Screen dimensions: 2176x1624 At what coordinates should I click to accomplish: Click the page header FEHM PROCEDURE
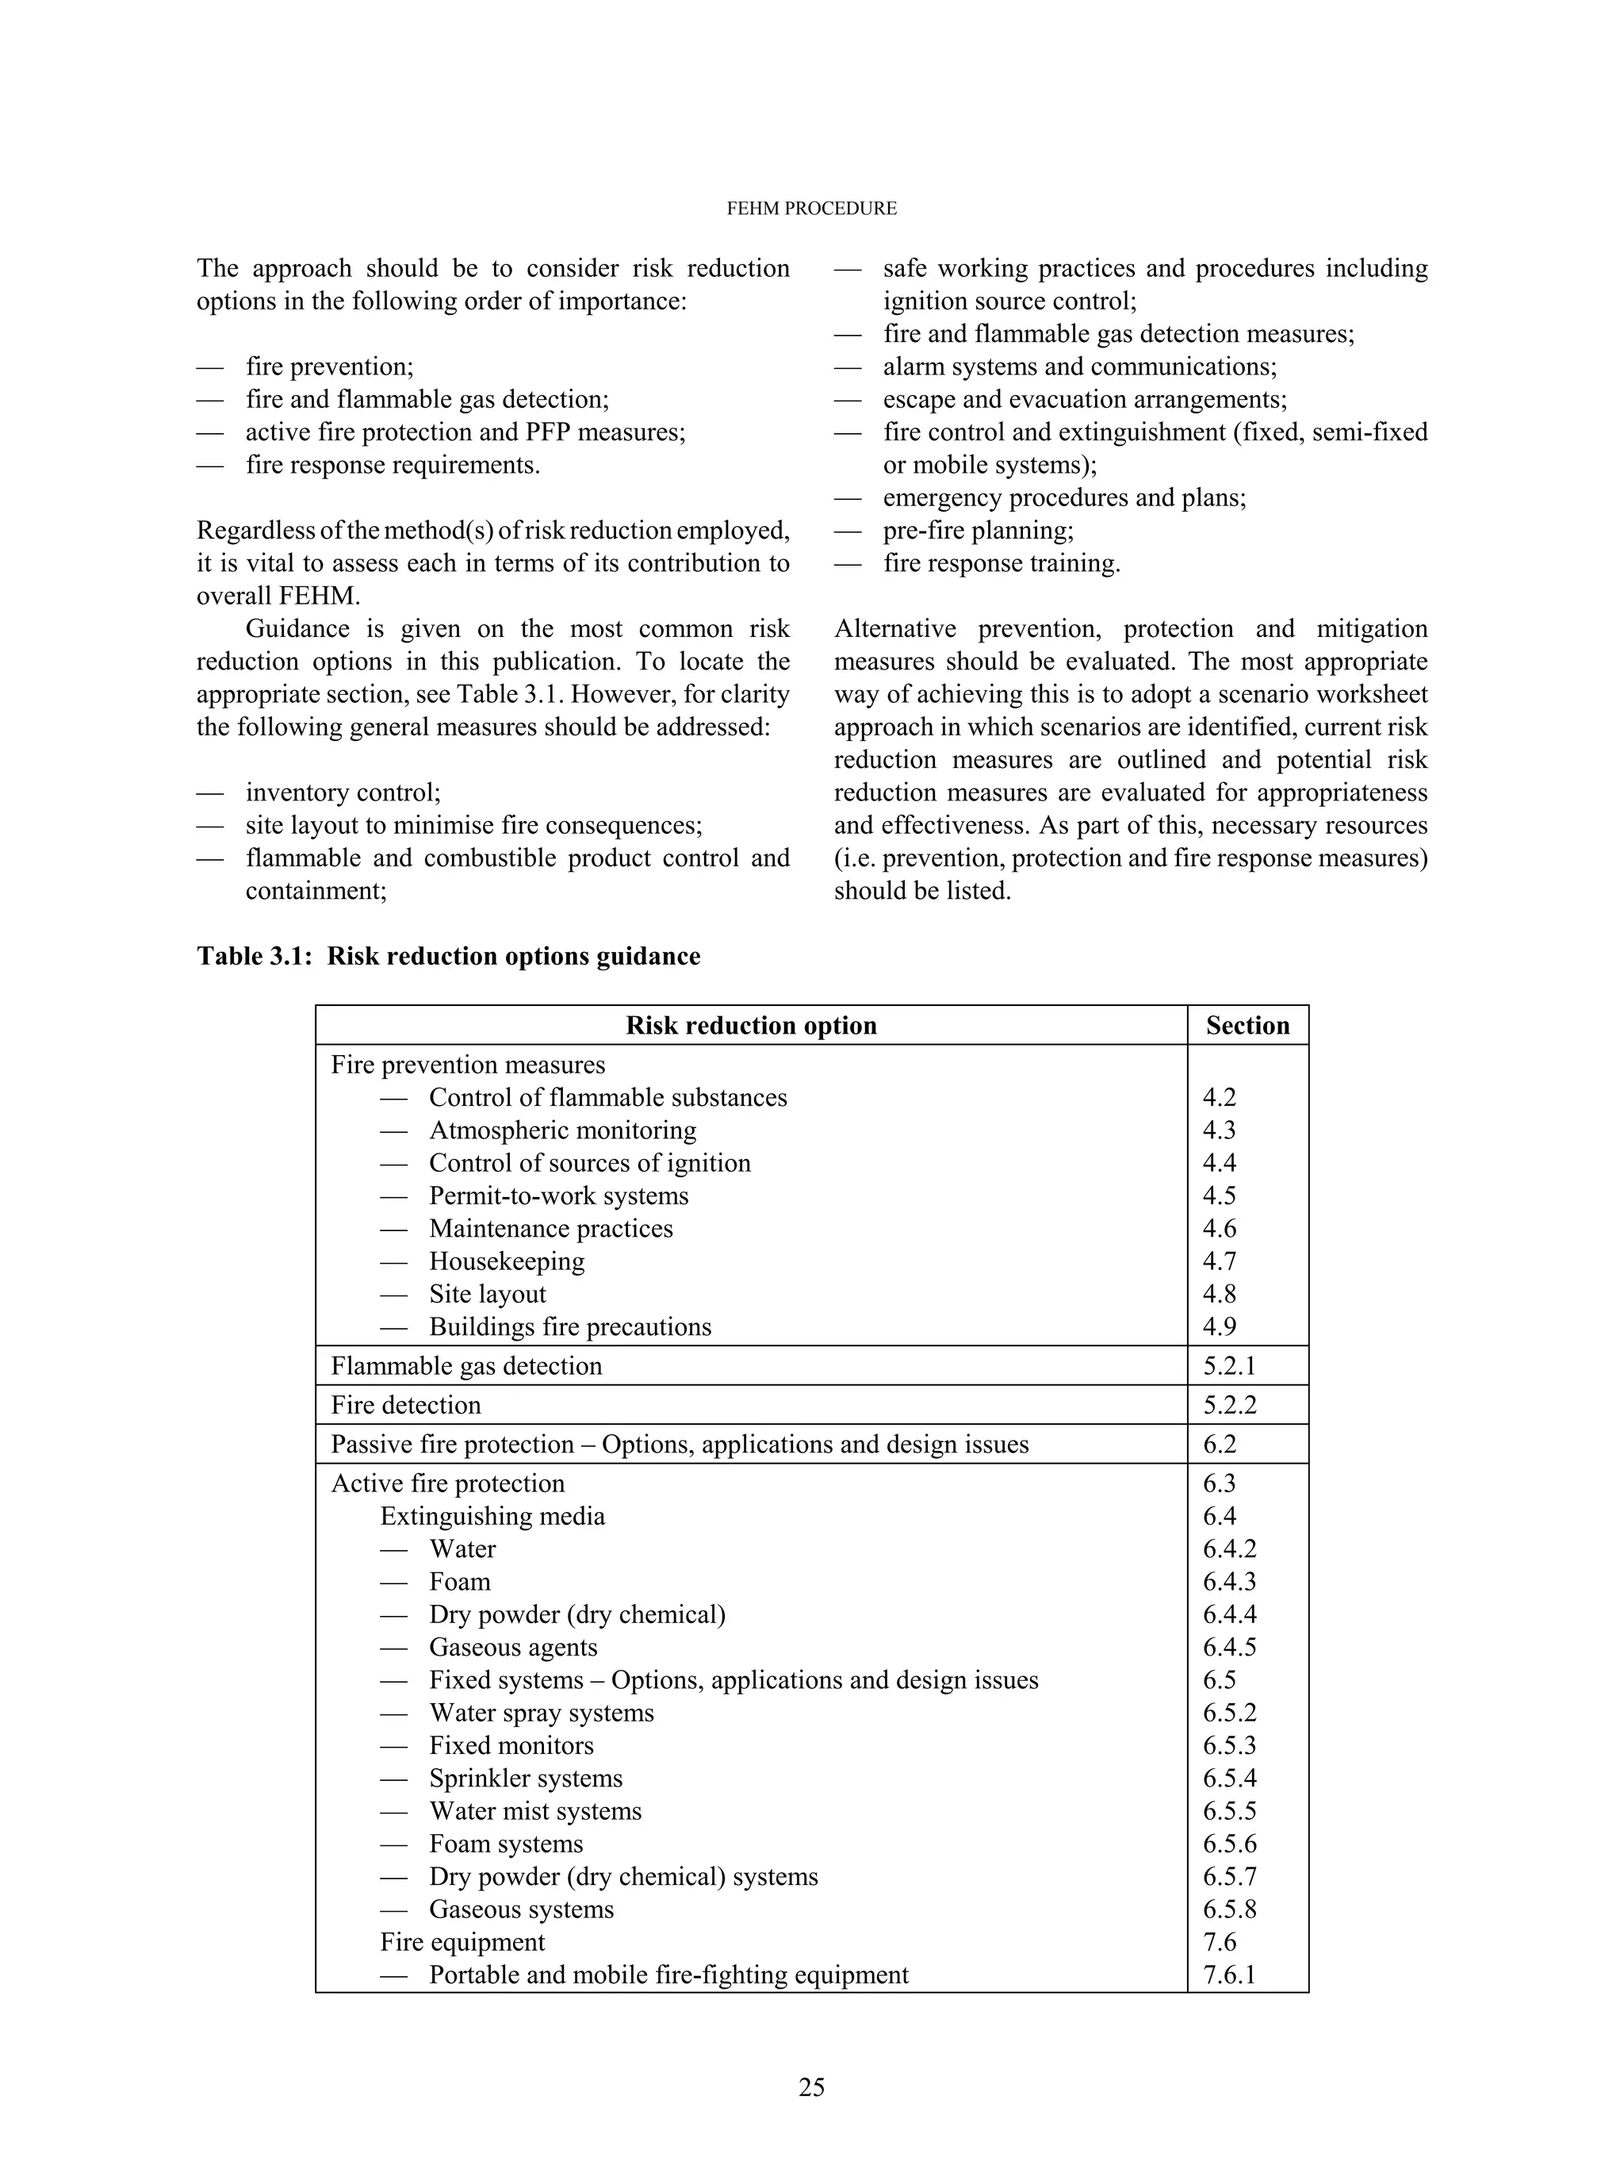coord(811,209)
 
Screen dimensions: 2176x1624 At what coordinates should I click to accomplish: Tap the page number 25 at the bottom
coord(811,2086)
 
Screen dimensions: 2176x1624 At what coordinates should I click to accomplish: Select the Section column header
coord(1247,1026)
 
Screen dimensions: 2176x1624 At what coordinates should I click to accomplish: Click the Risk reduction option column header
coord(751,1026)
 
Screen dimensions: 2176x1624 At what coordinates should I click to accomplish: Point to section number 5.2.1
coord(1229,1366)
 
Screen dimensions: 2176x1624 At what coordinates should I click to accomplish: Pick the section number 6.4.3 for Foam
coord(1229,1582)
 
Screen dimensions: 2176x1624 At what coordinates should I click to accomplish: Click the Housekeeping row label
coord(506,1261)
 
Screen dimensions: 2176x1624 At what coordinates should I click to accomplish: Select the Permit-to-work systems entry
coord(558,1195)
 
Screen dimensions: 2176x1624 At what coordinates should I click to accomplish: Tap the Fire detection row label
coord(406,1405)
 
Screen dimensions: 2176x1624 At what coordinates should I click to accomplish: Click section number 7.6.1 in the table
coord(1229,1975)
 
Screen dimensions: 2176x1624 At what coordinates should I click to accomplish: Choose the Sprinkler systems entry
coord(525,1779)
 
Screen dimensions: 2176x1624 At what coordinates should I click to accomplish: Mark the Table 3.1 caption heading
coord(448,957)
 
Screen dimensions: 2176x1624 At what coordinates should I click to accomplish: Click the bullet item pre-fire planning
coord(979,531)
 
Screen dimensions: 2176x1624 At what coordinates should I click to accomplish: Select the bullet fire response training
coord(1001,563)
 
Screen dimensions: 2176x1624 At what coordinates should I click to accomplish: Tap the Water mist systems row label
coord(534,1811)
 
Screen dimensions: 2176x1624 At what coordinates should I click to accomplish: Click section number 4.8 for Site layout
coord(1219,1294)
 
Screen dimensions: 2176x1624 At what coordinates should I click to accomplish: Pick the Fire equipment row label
coord(462,1942)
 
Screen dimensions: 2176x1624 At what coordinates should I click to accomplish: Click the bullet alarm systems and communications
coord(1079,367)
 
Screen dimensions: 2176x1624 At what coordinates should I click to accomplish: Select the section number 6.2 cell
coord(1219,1445)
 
